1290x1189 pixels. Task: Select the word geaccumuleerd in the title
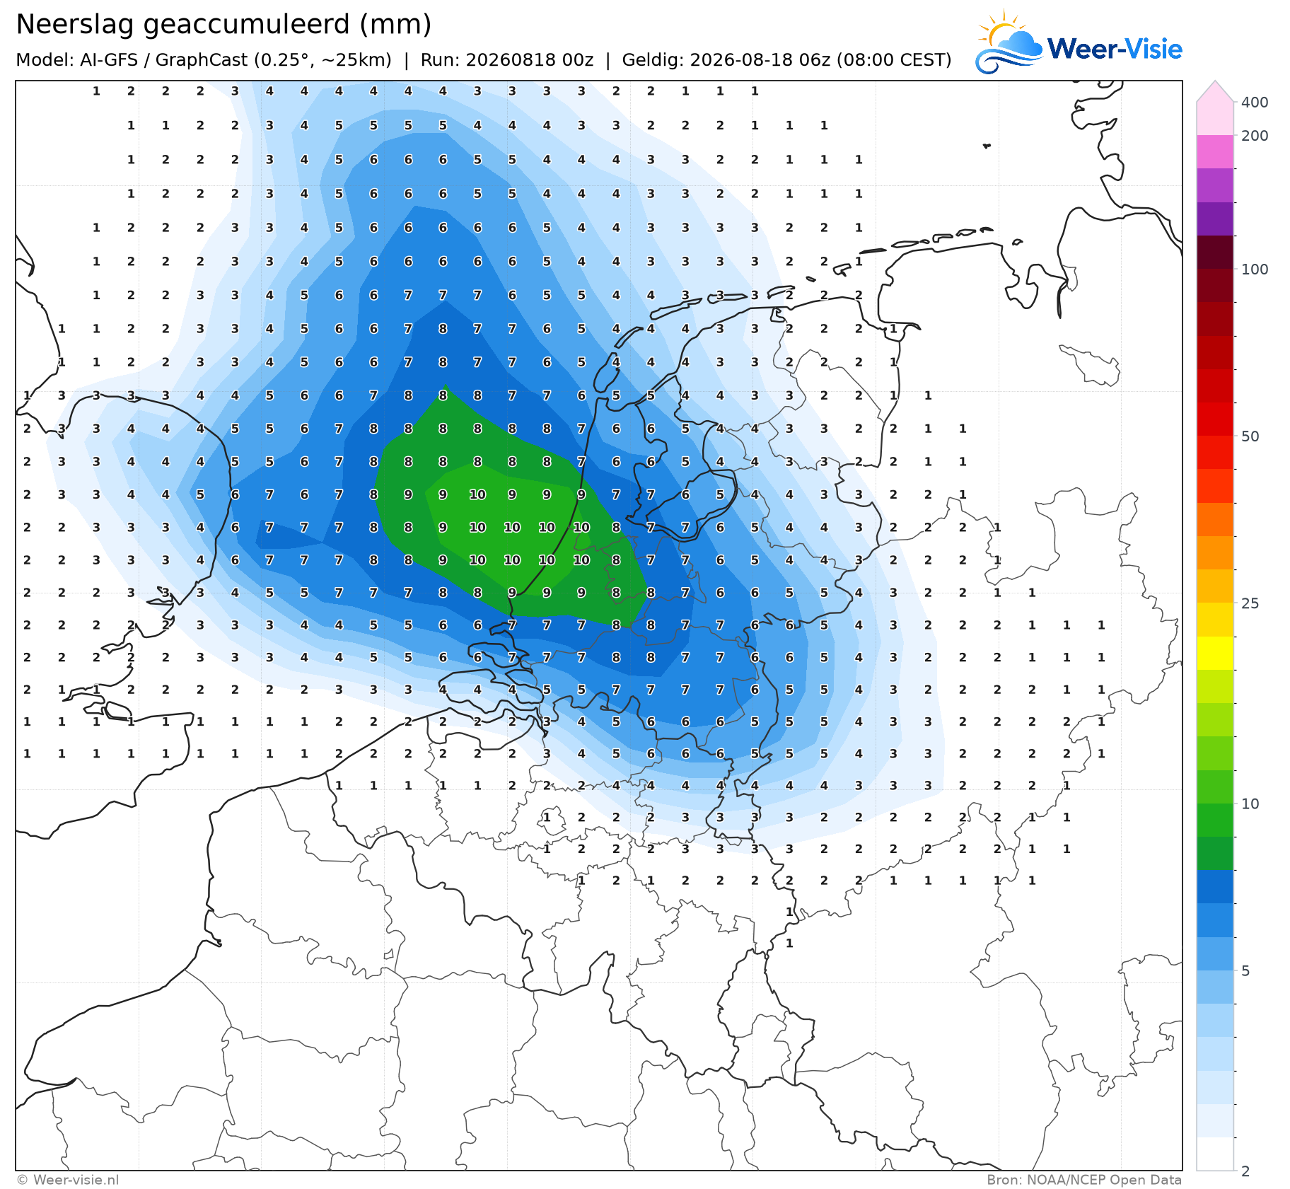coord(248,25)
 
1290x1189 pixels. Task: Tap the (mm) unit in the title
coord(395,25)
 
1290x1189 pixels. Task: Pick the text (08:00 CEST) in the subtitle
coord(894,60)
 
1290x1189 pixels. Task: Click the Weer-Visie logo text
coord(1115,49)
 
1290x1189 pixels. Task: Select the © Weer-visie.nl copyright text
coord(67,1180)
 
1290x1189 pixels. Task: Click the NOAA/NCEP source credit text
coord(1084,1180)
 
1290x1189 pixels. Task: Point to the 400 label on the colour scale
coord(1255,103)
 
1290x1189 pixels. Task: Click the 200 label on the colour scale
coord(1255,136)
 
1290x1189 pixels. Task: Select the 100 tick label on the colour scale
coord(1255,269)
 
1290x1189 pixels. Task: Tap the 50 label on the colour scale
coord(1250,436)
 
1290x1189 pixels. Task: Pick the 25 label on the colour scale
coord(1250,603)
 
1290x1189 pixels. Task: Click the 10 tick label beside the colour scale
coord(1250,804)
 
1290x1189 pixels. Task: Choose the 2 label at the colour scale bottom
coord(1245,1171)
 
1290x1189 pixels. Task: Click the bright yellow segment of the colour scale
coord(1215,654)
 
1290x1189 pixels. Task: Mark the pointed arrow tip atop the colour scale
coord(1215,81)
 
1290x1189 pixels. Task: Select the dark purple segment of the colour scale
coord(1215,219)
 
